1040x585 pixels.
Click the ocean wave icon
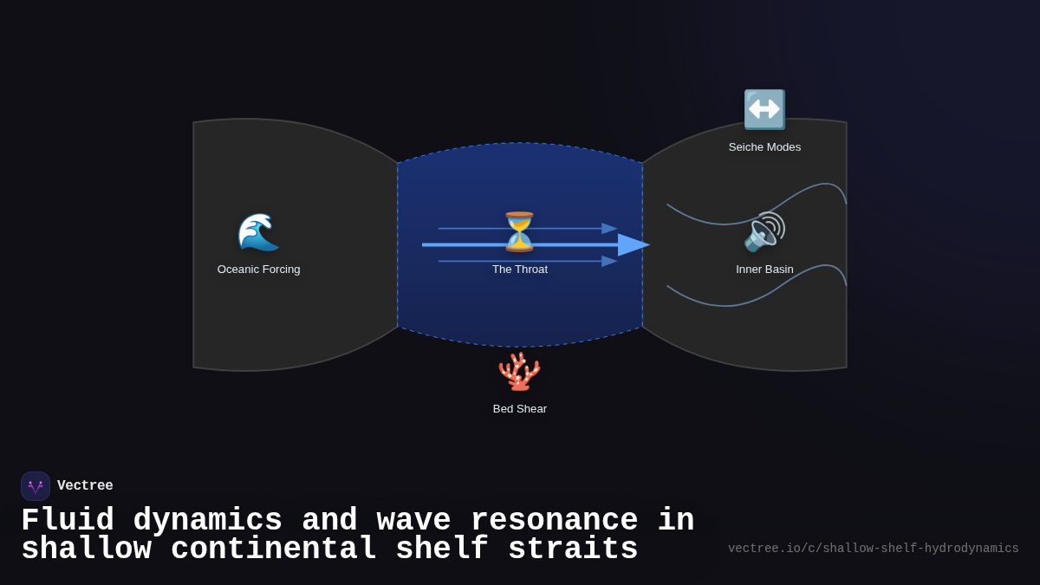(x=258, y=231)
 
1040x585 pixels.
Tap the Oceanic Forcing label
(x=258, y=270)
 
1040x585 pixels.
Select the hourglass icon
(x=520, y=231)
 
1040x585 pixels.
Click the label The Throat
(x=520, y=270)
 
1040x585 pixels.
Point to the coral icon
(x=520, y=371)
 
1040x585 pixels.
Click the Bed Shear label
(x=520, y=409)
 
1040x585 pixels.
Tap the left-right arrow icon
(x=764, y=109)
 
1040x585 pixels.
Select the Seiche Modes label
(x=764, y=147)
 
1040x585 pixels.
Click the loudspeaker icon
(x=764, y=231)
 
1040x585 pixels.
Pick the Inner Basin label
(x=764, y=270)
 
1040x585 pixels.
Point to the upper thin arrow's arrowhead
(x=609, y=229)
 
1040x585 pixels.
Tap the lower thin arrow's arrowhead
(x=609, y=261)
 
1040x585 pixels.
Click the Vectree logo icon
(x=36, y=486)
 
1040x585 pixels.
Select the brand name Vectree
(x=85, y=486)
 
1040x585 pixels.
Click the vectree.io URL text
(x=873, y=549)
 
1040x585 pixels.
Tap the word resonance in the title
(x=554, y=521)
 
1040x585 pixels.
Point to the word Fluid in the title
(x=68, y=521)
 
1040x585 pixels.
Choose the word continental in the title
(x=273, y=549)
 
